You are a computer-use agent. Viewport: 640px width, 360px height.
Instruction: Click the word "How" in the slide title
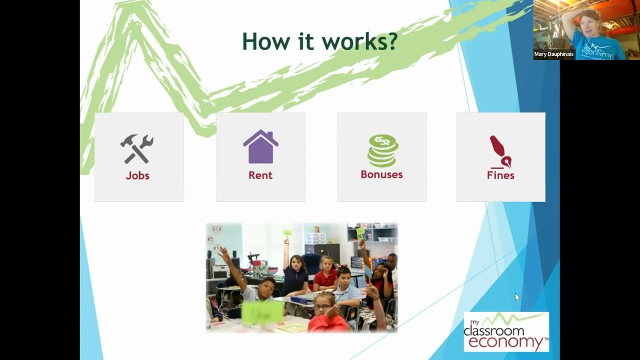click(265, 41)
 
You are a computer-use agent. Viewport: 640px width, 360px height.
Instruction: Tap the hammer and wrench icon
click(137, 149)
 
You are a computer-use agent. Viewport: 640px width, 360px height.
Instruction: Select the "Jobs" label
click(137, 175)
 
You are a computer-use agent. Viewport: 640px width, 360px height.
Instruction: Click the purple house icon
click(260, 146)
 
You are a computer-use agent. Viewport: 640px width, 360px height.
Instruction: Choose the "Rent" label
click(260, 175)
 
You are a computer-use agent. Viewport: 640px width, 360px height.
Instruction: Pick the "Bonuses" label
click(381, 174)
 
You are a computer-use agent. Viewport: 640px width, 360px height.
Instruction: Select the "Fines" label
click(500, 175)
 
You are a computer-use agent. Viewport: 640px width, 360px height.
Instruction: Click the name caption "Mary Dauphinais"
click(554, 54)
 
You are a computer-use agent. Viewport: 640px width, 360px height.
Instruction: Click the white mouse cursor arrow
click(517, 297)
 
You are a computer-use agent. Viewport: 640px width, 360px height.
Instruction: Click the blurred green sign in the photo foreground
click(262, 313)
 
